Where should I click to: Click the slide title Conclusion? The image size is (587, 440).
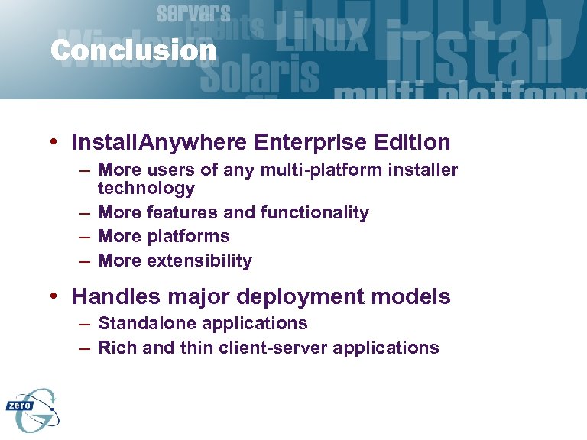tap(134, 51)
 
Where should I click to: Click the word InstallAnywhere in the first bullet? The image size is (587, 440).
tap(158, 142)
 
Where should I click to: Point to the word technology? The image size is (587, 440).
tap(146, 188)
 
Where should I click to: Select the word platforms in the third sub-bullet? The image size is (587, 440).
tap(188, 237)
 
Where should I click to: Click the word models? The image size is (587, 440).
tap(418, 296)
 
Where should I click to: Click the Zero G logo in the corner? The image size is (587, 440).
tap(33, 409)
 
